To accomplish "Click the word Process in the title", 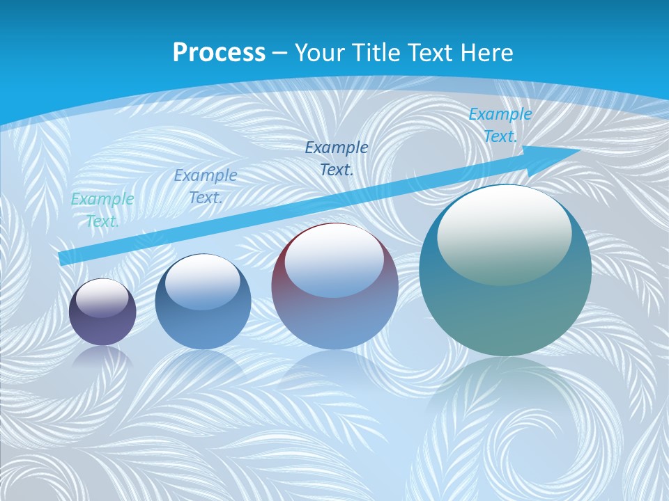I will [219, 53].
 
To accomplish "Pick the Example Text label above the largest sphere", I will [500, 125].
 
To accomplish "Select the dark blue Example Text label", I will [337, 158].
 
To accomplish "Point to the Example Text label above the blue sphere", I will [206, 186].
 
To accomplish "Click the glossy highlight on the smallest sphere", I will [102, 298].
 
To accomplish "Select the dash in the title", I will [280, 53].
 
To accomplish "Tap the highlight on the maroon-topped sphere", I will [334, 261].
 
